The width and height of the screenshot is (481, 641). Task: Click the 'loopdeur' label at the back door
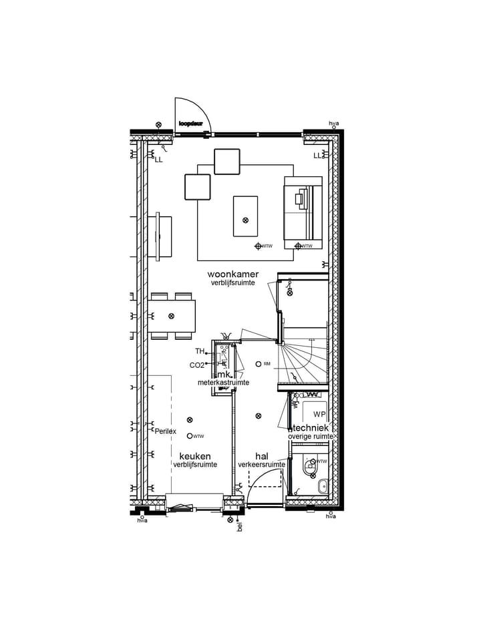coord(191,124)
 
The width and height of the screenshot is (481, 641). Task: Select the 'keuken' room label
coord(194,456)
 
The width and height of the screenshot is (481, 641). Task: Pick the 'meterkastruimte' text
coord(223,383)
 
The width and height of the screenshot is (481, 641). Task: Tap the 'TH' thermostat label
coord(199,351)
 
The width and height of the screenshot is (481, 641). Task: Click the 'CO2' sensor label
coord(196,365)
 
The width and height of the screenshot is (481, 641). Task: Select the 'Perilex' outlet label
coord(165,431)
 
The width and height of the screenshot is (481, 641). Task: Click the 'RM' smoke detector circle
coord(259,364)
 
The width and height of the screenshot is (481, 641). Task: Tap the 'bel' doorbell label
coord(239,527)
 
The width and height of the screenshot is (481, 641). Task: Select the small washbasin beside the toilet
coord(323,486)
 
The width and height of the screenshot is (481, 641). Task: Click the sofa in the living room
coord(303,209)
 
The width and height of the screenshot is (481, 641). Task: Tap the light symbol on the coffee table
coord(245,220)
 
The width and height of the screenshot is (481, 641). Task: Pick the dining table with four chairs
coord(172,316)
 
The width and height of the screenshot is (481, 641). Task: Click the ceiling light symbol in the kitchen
coord(190,419)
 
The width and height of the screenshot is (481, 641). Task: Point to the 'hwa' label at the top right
coord(333,124)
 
